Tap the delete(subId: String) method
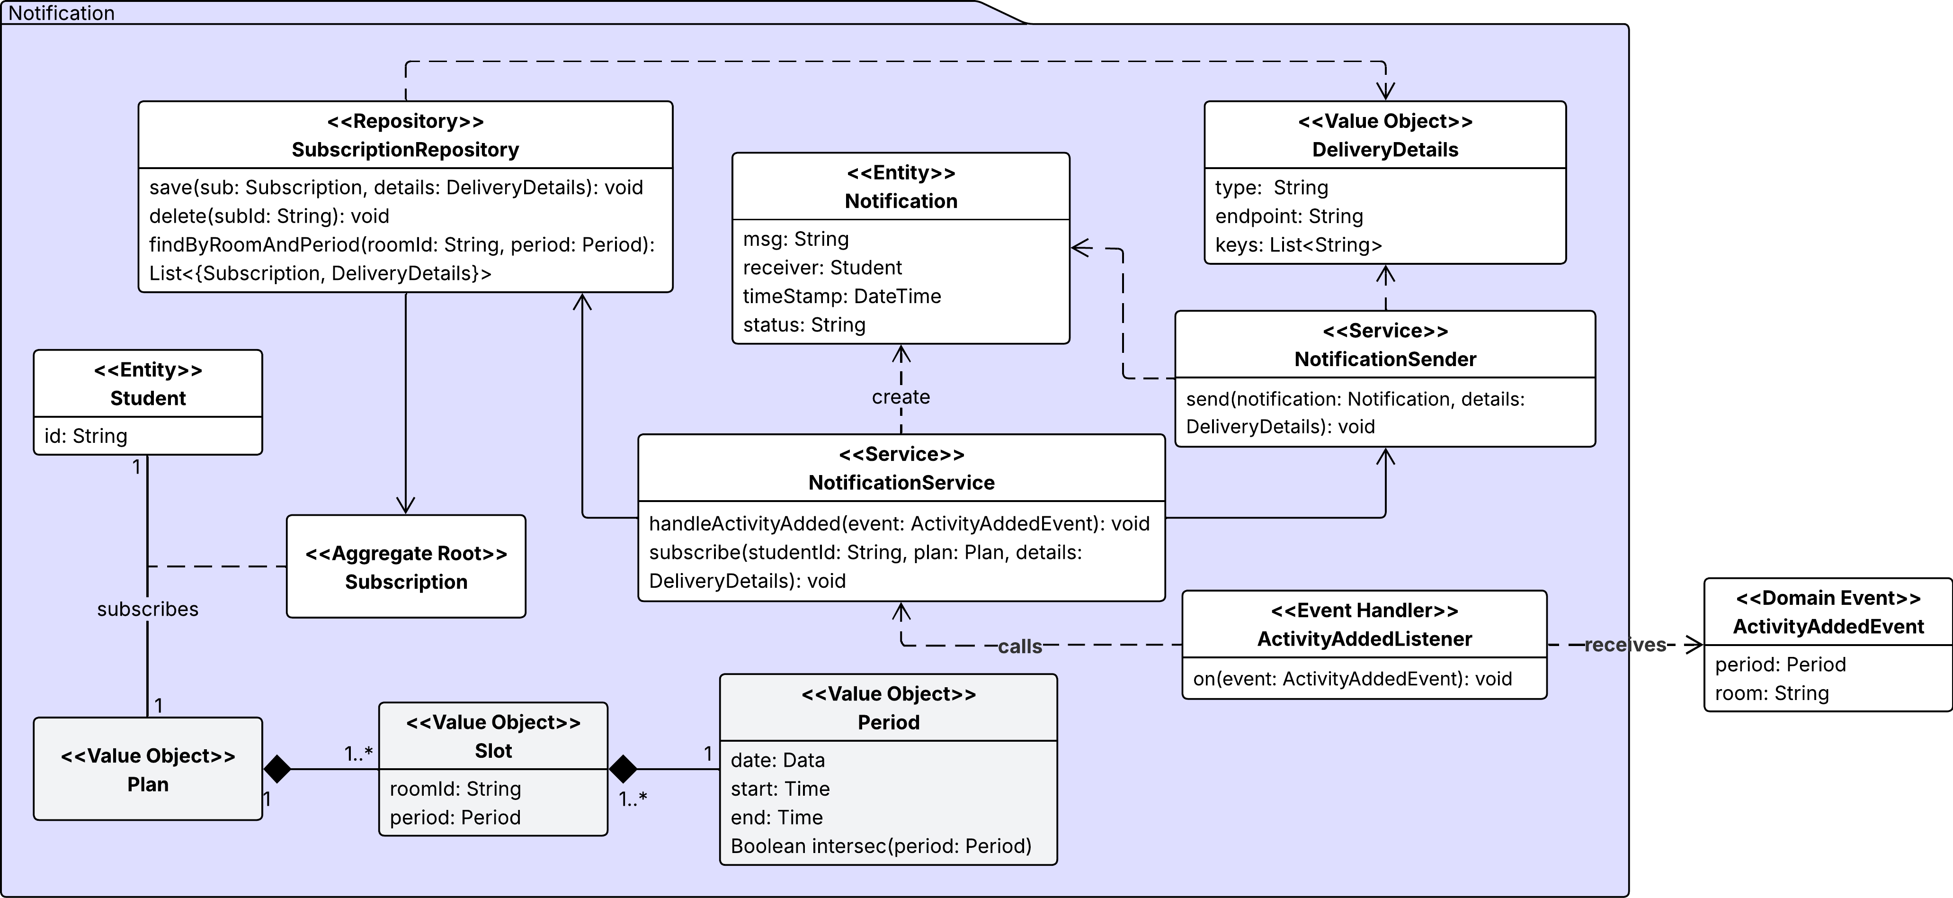tap(269, 216)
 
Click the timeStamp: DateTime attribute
tap(841, 296)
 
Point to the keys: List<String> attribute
tap(1298, 245)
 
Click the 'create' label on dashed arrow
tap(901, 397)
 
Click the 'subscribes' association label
tap(148, 609)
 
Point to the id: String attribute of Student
tap(86, 436)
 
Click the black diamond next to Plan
tap(277, 769)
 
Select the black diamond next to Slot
tap(623, 769)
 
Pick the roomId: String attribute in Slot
tap(455, 789)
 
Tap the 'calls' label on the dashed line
tap(1020, 646)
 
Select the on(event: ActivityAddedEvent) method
tap(1352, 679)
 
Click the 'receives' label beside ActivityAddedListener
tap(1625, 645)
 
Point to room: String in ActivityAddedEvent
tap(1772, 693)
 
